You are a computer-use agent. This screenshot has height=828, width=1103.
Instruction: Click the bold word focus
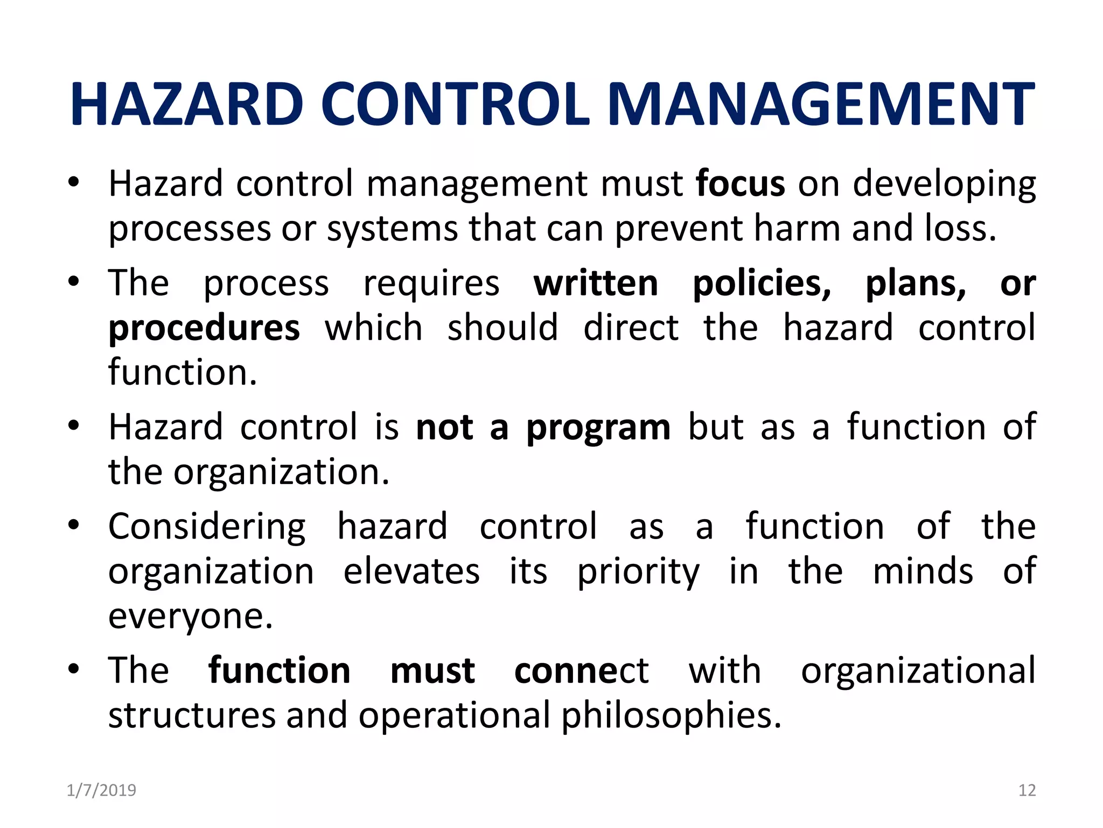coord(740,184)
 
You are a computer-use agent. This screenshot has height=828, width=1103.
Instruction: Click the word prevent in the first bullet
coord(680,229)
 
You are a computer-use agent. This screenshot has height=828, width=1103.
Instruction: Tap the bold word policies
coord(762,285)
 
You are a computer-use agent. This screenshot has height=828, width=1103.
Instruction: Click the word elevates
coord(411,571)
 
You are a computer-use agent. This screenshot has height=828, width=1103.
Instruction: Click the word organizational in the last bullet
coord(918,671)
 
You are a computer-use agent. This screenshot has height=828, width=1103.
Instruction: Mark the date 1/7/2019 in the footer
coord(101,790)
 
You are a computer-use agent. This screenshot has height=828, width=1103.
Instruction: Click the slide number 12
coord(1027,790)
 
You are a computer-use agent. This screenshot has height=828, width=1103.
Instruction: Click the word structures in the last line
coord(192,716)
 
